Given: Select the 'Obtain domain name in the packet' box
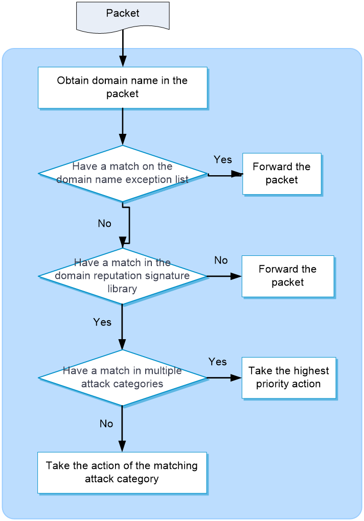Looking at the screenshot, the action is (x=123, y=88).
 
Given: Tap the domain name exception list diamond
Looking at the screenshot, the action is (x=123, y=174).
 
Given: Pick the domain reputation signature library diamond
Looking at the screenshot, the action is (x=122, y=276).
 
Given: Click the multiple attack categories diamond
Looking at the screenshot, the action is (x=122, y=378).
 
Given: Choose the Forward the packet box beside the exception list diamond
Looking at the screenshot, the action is (x=282, y=174).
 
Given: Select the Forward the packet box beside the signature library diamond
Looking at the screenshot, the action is (x=288, y=276).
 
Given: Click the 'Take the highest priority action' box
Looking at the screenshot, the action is (x=289, y=378).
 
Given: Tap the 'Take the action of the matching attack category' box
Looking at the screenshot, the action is (x=122, y=472).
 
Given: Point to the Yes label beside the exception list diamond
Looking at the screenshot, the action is (x=223, y=159).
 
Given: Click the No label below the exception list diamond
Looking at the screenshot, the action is (x=104, y=223).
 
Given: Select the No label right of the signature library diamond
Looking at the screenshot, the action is (x=221, y=260).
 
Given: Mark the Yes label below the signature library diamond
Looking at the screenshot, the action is (x=102, y=322).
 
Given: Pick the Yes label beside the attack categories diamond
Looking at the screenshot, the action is (x=218, y=362).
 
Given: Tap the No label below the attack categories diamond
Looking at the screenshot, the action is (x=106, y=423).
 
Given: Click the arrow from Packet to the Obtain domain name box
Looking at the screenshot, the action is (x=123, y=49).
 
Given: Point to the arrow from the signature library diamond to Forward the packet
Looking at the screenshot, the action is (x=224, y=276).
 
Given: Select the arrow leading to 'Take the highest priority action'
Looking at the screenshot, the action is (x=224, y=378).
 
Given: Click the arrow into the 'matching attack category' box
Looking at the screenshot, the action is (x=122, y=429).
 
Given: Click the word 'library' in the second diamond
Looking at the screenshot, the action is (x=122, y=289).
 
